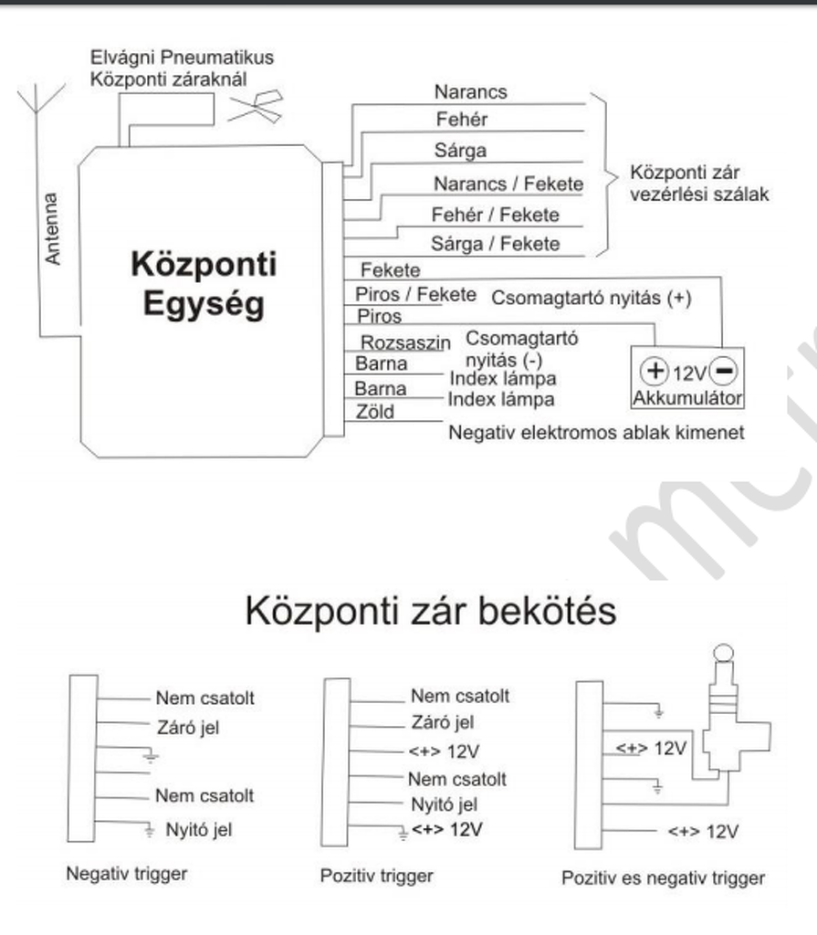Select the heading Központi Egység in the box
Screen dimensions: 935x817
pyautogui.click(x=204, y=283)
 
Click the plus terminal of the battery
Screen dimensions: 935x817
pyautogui.click(x=656, y=373)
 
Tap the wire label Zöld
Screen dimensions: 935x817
pyautogui.click(x=374, y=412)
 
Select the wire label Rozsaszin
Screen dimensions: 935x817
pyautogui.click(x=406, y=342)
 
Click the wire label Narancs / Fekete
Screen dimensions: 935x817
pyautogui.click(x=508, y=185)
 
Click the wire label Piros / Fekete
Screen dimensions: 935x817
pyautogui.click(x=415, y=294)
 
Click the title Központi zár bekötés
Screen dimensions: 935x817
pyautogui.click(x=430, y=612)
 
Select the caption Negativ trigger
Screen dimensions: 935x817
pyautogui.click(x=126, y=873)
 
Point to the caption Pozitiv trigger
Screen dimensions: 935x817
pyautogui.click(x=376, y=876)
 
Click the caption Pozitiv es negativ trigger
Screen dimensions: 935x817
pyautogui.click(x=663, y=878)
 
